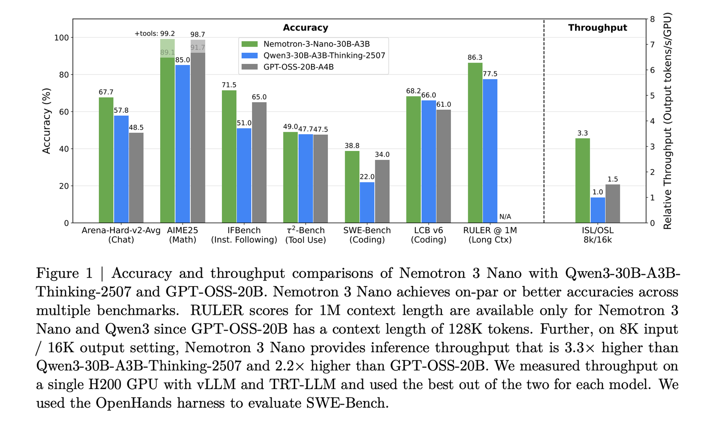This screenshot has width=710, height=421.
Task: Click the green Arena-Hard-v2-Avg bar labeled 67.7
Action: click(x=106, y=160)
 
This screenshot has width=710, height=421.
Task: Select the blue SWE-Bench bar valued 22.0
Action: click(x=367, y=203)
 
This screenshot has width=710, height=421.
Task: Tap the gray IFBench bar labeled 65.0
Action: click(x=259, y=163)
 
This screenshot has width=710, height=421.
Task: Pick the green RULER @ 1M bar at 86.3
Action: click(x=475, y=143)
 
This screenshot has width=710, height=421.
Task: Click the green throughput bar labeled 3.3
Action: click(x=583, y=180)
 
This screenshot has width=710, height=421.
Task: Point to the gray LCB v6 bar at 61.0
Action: click(x=443, y=166)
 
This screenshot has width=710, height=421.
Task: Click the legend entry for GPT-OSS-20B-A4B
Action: click(x=298, y=67)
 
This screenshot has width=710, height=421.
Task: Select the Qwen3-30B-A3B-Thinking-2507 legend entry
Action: click(x=324, y=56)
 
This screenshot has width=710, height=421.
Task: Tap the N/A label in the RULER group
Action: click(x=505, y=217)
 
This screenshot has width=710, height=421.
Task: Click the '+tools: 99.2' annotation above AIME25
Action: click(x=155, y=34)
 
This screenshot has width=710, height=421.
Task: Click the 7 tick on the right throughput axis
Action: click(x=652, y=44)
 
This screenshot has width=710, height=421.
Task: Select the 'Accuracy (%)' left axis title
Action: click(x=46, y=121)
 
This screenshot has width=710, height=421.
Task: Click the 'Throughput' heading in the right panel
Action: click(x=597, y=28)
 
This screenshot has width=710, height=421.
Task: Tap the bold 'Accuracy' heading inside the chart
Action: click(x=305, y=28)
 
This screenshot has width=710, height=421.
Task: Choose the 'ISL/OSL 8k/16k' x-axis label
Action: click(x=597, y=235)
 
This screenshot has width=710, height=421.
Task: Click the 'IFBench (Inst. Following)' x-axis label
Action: click(x=244, y=235)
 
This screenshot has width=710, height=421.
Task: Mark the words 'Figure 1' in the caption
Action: click(x=64, y=273)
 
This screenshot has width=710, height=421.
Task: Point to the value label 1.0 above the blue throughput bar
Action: click(x=597, y=192)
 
